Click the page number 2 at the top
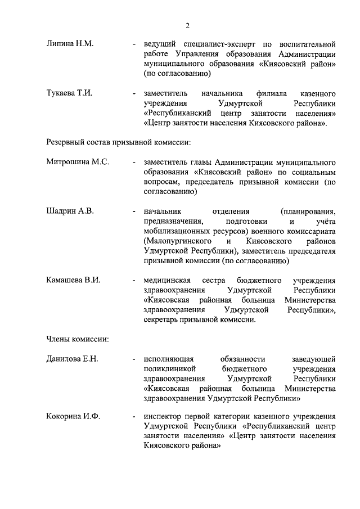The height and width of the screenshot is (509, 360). click(x=187, y=25)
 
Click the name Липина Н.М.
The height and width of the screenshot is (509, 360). click(x=70, y=43)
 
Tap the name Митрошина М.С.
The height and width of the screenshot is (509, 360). click(x=78, y=162)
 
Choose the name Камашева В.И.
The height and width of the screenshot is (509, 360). click(x=73, y=280)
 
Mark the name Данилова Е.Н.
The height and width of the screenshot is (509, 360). click(x=72, y=359)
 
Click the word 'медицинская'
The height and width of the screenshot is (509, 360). click(x=167, y=280)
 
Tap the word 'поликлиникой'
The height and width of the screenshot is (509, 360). click(x=169, y=369)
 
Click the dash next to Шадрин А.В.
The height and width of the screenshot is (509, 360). click(x=133, y=211)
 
